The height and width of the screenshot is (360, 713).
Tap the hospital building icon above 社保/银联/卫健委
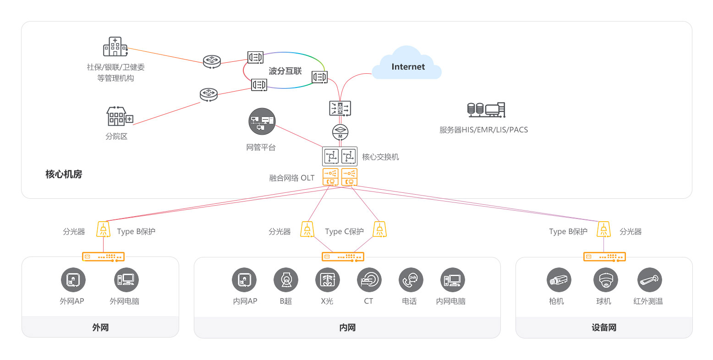point(115,46)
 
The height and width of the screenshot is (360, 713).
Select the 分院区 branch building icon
point(119,116)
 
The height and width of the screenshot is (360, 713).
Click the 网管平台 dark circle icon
point(262,121)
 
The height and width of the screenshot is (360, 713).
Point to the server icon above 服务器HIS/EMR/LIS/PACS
point(486,110)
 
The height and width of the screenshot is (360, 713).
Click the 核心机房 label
point(64,175)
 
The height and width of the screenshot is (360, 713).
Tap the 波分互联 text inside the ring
point(285,71)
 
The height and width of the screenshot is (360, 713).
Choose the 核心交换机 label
point(380,157)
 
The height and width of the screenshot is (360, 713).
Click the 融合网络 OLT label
point(291,178)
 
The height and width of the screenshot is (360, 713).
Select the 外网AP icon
point(73,280)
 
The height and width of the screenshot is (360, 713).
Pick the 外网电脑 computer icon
point(126,280)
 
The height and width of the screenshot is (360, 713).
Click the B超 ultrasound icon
point(286,280)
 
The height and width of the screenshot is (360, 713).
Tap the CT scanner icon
point(369,280)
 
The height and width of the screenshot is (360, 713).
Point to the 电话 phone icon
point(411,280)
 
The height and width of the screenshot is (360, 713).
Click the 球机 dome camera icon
point(606,280)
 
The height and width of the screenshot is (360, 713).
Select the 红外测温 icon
point(650,280)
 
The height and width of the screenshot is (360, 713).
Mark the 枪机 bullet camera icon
point(559,280)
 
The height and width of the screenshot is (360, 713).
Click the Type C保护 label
point(344,231)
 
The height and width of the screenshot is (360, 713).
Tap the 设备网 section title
point(604,327)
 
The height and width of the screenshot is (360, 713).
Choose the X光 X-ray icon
point(328,280)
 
